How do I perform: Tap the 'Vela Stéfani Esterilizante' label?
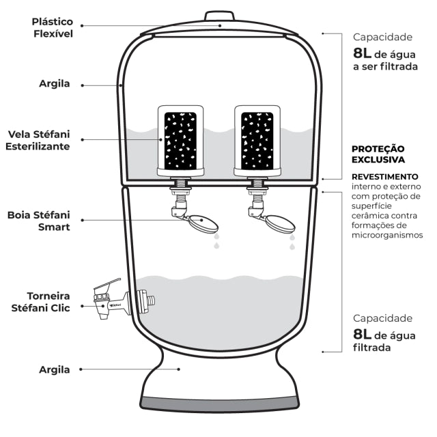tap(40, 140)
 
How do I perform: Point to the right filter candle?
tap(257, 139)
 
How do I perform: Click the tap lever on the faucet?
tap(107, 286)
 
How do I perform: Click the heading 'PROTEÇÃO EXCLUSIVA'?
tap(378, 154)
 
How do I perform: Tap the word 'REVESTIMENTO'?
tap(384, 176)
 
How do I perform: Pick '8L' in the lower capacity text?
tap(365, 334)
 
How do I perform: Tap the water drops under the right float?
tap(292, 242)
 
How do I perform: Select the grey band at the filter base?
tap(220, 403)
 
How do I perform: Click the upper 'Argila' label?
tap(54, 85)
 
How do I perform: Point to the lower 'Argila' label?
tap(54, 369)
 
